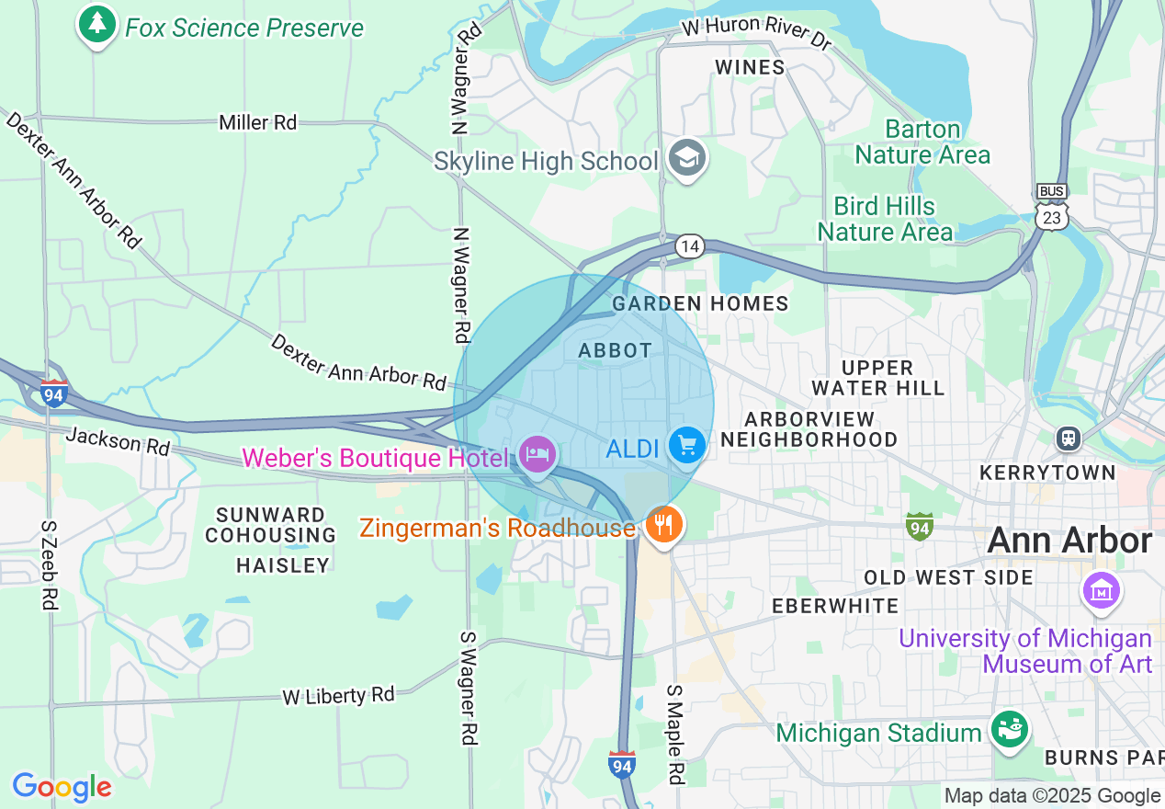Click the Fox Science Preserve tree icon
pyautogui.click(x=96, y=25)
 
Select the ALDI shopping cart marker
pyautogui.click(x=686, y=446)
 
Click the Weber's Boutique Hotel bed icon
pyautogui.click(x=537, y=452)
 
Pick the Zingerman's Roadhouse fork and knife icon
pyautogui.click(x=662, y=525)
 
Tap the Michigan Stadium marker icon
pyautogui.click(x=1010, y=730)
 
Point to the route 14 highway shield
pyautogui.click(x=689, y=246)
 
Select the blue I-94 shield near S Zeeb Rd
pyautogui.click(x=54, y=393)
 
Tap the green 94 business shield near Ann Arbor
pyautogui.click(x=919, y=526)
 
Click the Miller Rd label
pyautogui.click(x=257, y=122)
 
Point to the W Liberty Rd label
pyautogui.click(x=338, y=695)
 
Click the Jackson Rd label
pyautogui.click(x=118, y=442)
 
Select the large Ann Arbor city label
pyautogui.click(x=1069, y=541)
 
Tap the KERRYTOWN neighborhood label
pyautogui.click(x=1047, y=473)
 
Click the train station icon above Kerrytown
pyautogui.click(x=1068, y=438)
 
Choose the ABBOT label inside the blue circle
pyautogui.click(x=615, y=350)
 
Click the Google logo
pyautogui.click(x=62, y=788)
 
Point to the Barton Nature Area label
pyautogui.click(x=922, y=142)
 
